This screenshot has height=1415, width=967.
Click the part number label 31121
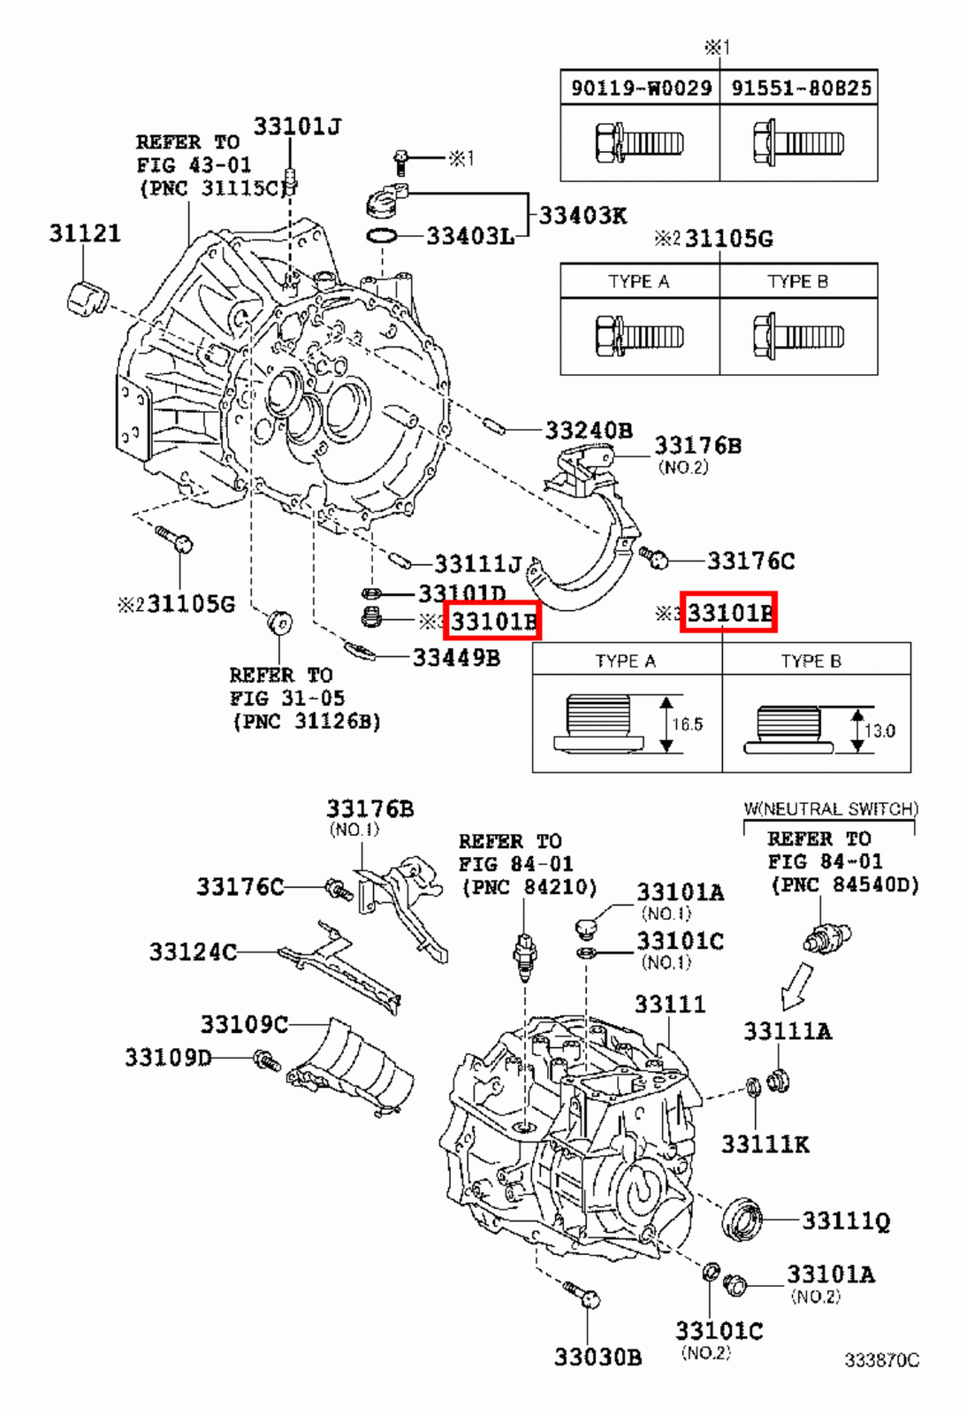coord(84,233)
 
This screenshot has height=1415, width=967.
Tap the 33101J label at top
coord(297,126)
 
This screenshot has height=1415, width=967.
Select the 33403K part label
coord(582,215)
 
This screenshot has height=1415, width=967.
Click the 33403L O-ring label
coord(469,236)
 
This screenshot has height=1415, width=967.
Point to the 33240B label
coord(588,431)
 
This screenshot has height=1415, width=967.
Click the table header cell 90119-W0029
coord(641,88)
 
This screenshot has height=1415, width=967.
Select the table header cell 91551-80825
coord(800,88)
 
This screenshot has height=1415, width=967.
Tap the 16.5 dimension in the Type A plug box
coord(687,724)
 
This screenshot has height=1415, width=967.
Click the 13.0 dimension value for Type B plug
coord(879,730)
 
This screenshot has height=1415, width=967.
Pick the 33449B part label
coord(456,657)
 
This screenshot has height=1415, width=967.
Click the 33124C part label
coord(193,952)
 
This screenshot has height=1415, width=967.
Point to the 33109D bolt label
coord(168,1057)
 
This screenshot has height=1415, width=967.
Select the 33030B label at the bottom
coord(598,1357)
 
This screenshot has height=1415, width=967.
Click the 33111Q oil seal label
coord(846,1221)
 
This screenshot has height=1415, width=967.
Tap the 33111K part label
coord(765,1144)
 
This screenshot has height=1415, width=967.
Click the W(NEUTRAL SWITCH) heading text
coord(830,808)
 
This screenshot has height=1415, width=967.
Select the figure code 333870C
coord(881,1360)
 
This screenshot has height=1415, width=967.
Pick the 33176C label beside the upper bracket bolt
coord(750,561)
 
